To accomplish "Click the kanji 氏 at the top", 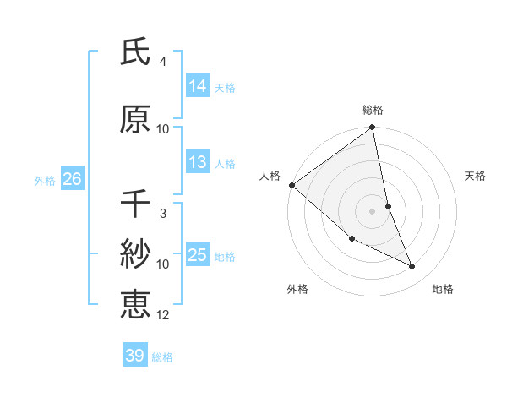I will [135, 53].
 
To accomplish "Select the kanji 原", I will [135, 119].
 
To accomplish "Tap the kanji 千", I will [135, 204].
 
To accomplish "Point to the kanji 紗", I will [135, 253].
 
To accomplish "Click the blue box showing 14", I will [198, 85].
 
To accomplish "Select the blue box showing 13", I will [198, 162].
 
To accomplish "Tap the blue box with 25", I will [198, 255].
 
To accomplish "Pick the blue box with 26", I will [72, 179].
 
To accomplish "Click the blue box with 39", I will [135, 356].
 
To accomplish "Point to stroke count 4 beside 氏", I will [162, 62].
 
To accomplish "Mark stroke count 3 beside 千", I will [162, 214].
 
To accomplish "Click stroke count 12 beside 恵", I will [163, 315].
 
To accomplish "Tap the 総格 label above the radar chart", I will [373, 110].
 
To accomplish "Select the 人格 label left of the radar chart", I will [270, 176].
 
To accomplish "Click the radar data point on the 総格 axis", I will [373, 128].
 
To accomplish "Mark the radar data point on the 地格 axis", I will [412, 267].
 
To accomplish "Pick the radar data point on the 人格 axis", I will [292, 185].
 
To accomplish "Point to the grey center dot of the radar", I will [373, 211].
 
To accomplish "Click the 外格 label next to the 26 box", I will [45, 180].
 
